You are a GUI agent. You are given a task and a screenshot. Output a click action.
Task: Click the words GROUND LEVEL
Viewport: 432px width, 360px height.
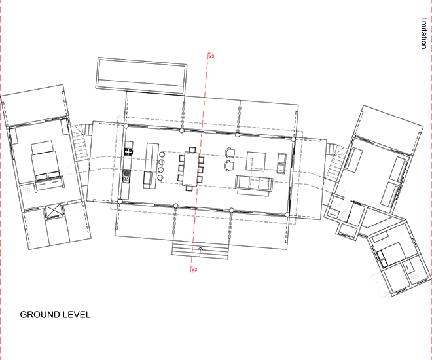pyautogui.click(x=55, y=315)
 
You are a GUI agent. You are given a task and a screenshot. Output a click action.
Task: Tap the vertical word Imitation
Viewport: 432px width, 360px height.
pyautogui.click(x=424, y=33)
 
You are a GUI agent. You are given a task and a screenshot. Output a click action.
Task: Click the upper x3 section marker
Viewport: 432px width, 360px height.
pyautogui.click(x=211, y=56)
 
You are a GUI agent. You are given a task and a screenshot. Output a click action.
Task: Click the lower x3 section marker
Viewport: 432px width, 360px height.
pyautogui.click(x=194, y=270)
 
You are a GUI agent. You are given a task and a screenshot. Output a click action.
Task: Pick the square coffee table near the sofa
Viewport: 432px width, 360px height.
pyautogui.click(x=256, y=161)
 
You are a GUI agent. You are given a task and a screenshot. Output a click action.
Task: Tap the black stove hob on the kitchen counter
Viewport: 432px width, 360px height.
pyautogui.click(x=128, y=152)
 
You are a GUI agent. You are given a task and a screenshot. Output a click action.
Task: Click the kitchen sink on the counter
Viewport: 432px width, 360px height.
pyautogui.click(x=126, y=179)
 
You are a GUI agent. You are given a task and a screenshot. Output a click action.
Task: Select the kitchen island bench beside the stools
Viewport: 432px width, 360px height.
pyautogui.click(x=151, y=166)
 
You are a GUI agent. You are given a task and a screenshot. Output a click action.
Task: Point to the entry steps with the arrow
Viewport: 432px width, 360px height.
pyautogui.click(x=200, y=249)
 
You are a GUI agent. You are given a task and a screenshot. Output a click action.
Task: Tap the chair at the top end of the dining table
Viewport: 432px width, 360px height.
pyautogui.click(x=192, y=150)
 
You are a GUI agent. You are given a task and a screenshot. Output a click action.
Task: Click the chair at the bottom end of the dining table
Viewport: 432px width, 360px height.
pyautogui.click(x=189, y=189)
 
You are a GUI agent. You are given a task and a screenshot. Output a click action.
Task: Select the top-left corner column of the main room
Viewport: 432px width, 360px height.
pyautogui.click(x=126, y=126)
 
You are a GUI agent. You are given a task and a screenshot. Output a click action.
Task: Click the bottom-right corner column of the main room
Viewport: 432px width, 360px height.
pyautogui.click(x=287, y=215)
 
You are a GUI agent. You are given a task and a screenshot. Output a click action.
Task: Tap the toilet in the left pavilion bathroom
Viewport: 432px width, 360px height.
pyautogui.click(x=27, y=190)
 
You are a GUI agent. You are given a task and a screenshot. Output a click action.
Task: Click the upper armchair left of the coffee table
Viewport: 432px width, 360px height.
pyautogui.click(x=230, y=153)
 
